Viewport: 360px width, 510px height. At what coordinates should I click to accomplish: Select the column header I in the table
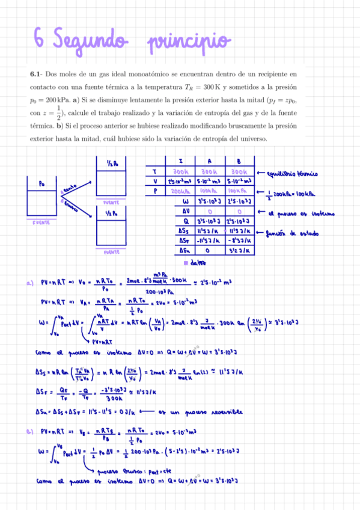coord(181,161)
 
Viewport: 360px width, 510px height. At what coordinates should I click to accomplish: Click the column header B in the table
coord(240,161)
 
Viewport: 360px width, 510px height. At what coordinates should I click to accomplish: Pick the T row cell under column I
coord(181,171)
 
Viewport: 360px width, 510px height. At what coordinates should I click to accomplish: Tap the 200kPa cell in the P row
coord(181,191)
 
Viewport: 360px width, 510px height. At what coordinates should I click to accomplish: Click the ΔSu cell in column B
coord(240,250)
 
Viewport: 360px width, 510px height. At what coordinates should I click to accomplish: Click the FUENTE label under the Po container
coord(41,222)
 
